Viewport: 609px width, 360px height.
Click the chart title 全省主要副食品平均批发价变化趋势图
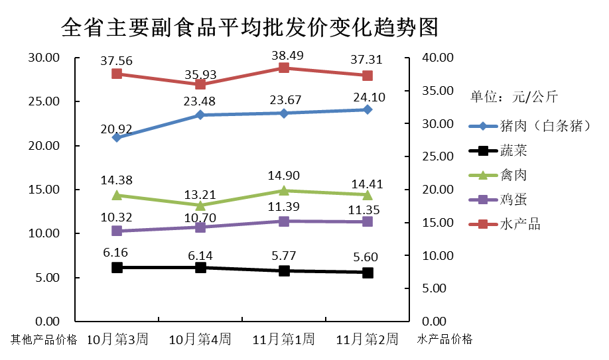(x=249, y=28)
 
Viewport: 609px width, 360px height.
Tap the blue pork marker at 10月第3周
(x=117, y=137)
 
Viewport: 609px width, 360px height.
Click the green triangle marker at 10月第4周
(x=200, y=206)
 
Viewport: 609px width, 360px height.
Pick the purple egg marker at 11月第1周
(x=284, y=221)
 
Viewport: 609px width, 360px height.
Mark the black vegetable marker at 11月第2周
(x=368, y=272)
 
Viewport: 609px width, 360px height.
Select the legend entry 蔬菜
(x=512, y=150)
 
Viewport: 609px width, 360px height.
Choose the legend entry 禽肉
(x=512, y=175)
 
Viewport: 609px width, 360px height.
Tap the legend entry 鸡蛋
(x=512, y=200)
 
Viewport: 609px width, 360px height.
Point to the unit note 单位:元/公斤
(x=514, y=97)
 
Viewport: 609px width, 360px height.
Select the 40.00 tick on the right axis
(x=437, y=58)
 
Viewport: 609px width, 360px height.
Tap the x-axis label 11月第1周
(x=284, y=339)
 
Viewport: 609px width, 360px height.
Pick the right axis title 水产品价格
(x=444, y=339)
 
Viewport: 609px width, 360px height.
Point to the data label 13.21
(x=200, y=194)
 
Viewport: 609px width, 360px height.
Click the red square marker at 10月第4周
(x=200, y=84)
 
